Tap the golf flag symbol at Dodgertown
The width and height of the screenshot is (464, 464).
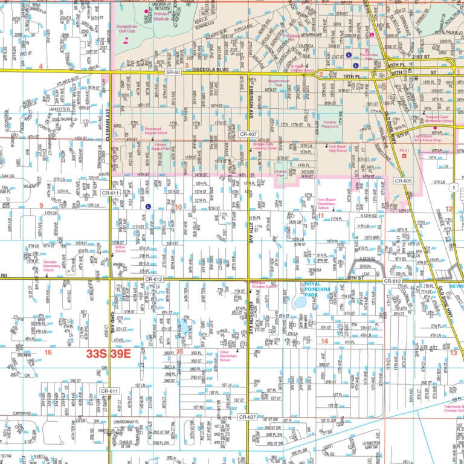126,40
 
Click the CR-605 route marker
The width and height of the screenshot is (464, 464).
403,181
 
